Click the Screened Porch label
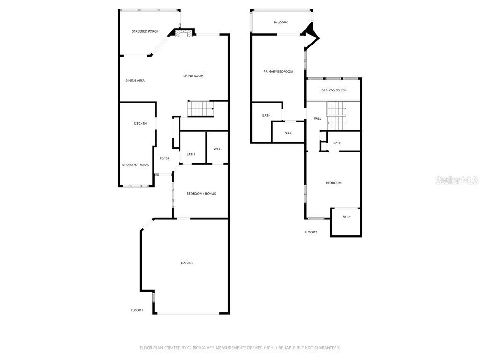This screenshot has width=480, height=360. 145,31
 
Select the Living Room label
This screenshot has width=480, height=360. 193,76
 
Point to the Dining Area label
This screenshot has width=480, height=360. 135,81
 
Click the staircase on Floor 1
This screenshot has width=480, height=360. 201,109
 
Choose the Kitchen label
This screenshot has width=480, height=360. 140,124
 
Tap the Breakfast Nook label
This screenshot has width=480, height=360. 135,165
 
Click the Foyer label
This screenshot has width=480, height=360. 165,158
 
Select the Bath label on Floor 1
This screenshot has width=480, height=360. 190,154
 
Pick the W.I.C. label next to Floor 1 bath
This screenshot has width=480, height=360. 217,149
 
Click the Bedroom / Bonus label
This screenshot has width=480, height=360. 201,194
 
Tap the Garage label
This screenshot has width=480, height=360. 187,263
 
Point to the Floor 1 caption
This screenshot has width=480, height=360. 137,310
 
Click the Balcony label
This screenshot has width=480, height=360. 281,22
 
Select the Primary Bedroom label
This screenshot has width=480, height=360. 278,72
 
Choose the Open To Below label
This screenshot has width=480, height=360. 333,90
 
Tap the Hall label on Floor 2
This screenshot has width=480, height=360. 317,118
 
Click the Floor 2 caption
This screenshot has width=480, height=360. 311,232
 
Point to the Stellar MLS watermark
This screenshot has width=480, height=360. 456,180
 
